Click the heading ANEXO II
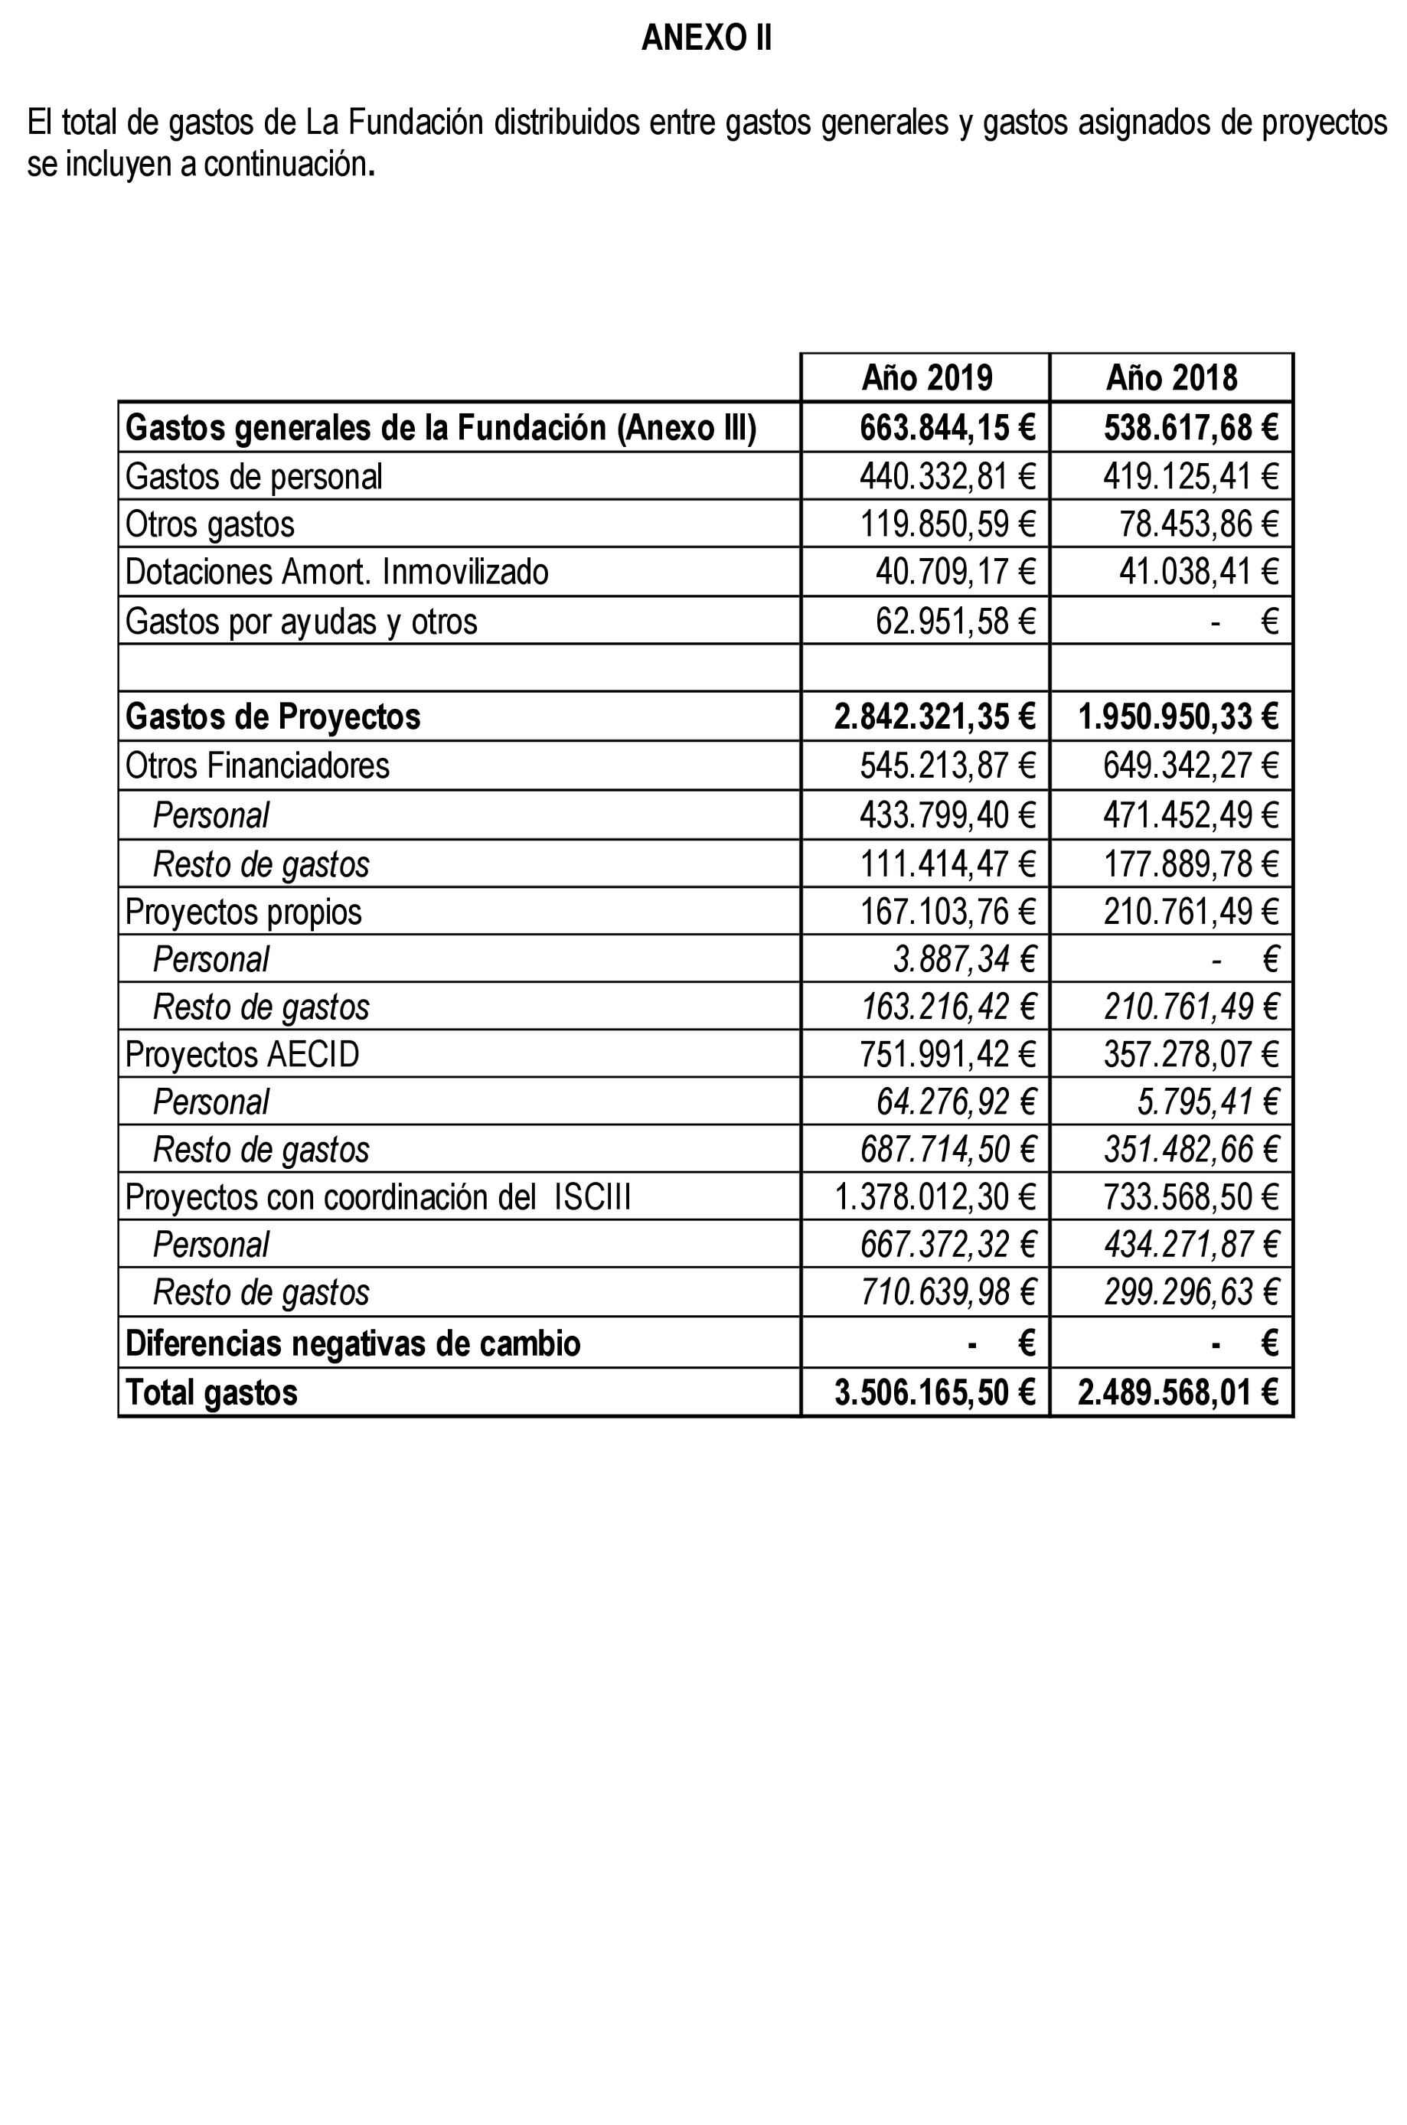pyautogui.click(x=707, y=38)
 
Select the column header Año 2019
pyautogui.click(x=926, y=378)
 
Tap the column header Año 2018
pyautogui.click(x=1171, y=378)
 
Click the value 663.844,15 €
pyautogui.click(x=947, y=428)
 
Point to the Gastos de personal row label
pyautogui.click(x=254, y=476)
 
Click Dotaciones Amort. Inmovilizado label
pyautogui.click(x=337, y=572)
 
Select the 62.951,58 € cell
pyautogui.click(x=955, y=621)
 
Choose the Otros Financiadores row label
pyautogui.click(x=257, y=765)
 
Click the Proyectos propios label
pyautogui.click(x=243, y=912)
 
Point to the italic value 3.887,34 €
pyautogui.click(x=964, y=959)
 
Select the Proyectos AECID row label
pyautogui.click(x=242, y=1054)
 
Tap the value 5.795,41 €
pyautogui.click(x=1207, y=1102)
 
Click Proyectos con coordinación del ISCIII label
pyautogui.click(x=377, y=1197)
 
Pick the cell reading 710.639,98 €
pyautogui.click(x=947, y=1293)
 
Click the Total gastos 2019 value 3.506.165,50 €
pyautogui.click(x=934, y=1392)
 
